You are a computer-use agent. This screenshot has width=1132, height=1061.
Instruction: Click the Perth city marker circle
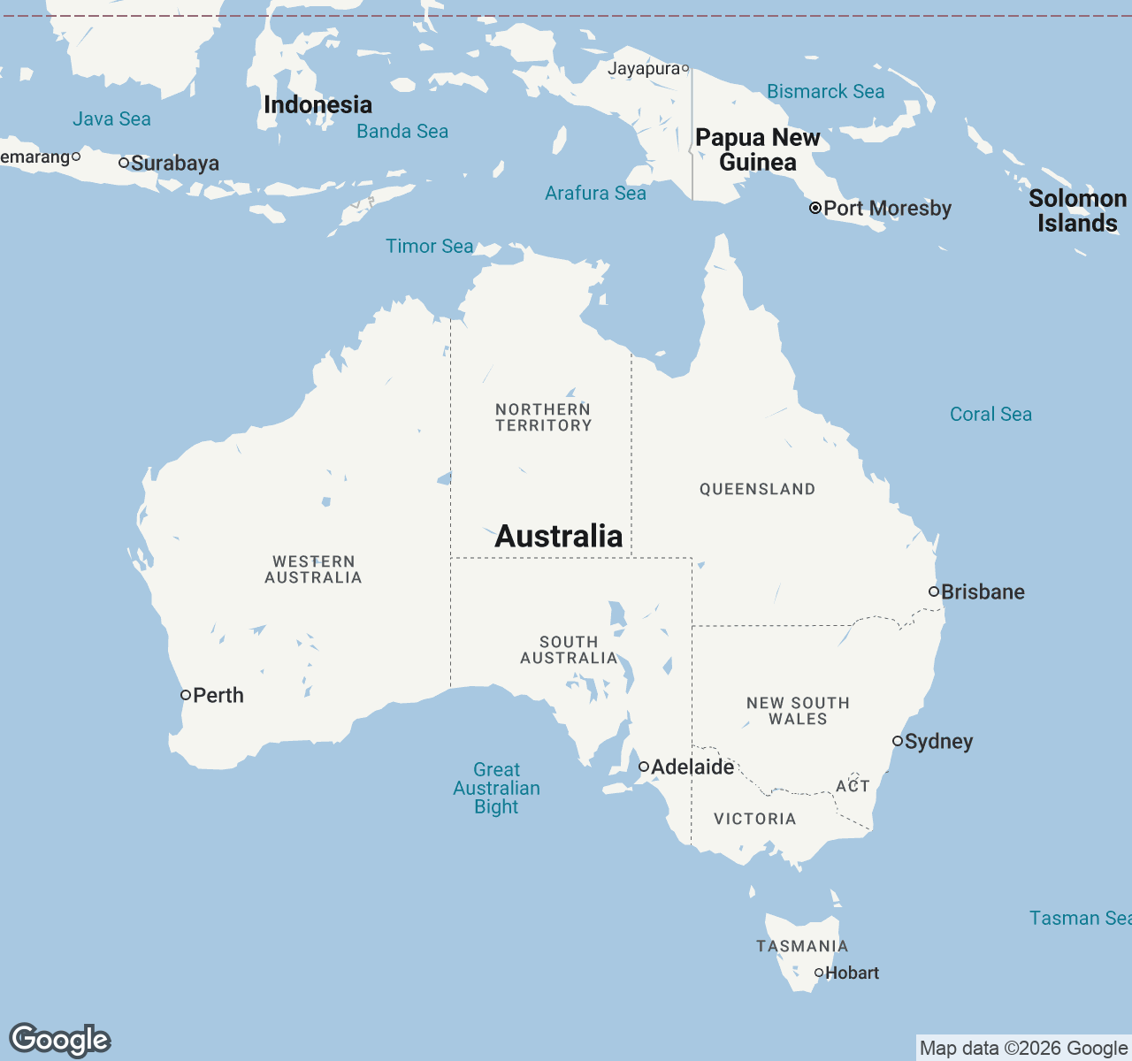pyautogui.click(x=186, y=695)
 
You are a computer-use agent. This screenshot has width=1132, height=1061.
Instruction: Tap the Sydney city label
pyautogui.click(x=938, y=742)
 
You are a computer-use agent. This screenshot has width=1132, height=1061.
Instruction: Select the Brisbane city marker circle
pyautogui.click(x=934, y=592)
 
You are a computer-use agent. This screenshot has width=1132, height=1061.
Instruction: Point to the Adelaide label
pyautogui.click(x=692, y=767)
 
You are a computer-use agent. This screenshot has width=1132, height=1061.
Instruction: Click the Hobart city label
pyautogui.click(x=852, y=973)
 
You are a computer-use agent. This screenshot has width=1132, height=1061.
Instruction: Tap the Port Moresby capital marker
pyautogui.click(x=815, y=209)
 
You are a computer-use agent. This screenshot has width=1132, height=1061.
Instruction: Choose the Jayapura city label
pyautogui.click(x=643, y=69)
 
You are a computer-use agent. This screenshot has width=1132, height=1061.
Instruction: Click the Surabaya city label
pyautogui.click(x=175, y=164)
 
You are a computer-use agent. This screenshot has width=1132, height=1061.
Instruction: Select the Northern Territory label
pyautogui.click(x=543, y=417)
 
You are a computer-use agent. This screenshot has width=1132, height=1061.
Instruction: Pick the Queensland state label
pyautogui.click(x=757, y=489)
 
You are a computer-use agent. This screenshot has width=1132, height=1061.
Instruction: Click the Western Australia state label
pyautogui.click(x=313, y=569)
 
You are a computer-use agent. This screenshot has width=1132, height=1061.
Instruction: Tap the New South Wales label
pyautogui.click(x=798, y=711)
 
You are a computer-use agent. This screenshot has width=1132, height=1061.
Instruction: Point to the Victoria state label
pyautogui.click(x=754, y=819)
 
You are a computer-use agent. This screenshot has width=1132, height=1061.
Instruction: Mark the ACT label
pyautogui.click(x=853, y=786)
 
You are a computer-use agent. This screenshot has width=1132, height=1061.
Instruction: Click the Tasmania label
pyautogui.click(x=801, y=946)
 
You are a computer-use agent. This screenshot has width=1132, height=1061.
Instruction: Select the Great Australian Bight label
pyautogui.click(x=496, y=788)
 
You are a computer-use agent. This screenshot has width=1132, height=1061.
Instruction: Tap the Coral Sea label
pyautogui.click(x=990, y=414)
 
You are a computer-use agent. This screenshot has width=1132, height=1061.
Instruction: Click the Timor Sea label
pyautogui.click(x=429, y=247)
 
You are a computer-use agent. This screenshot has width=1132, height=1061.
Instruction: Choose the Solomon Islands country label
pyautogui.click(x=1077, y=210)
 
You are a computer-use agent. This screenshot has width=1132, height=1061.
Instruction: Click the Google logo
pyautogui.click(x=60, y=1040)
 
